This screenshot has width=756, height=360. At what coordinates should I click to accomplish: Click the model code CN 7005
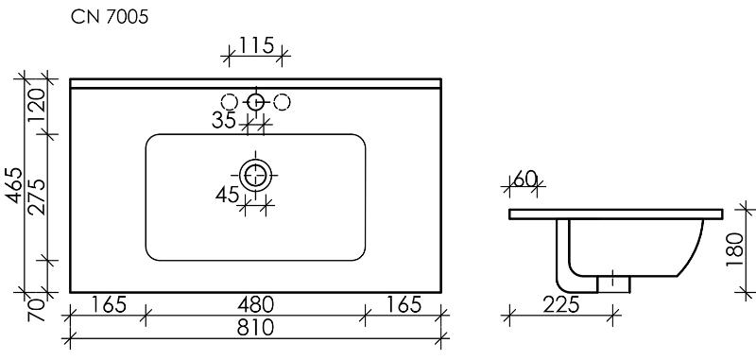(110, 17)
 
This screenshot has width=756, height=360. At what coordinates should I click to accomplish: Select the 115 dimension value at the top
(256, 45)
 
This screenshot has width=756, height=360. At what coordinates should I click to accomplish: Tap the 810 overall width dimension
(255, 328)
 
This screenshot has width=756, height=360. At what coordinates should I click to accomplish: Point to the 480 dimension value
(255, 304)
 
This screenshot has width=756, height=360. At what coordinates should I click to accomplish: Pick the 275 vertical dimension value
(37, 197)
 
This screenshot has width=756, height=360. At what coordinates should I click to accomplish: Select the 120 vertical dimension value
(37, 106)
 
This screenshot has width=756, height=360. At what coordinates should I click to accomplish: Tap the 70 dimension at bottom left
(37, 310)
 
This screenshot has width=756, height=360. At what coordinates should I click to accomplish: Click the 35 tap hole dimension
(224, 120)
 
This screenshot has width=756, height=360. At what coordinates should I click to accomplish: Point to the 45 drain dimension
(227, 195)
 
